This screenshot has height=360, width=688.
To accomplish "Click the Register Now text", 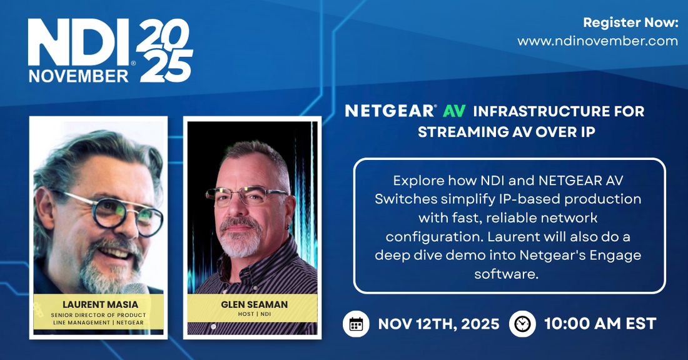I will (x=630, y=23).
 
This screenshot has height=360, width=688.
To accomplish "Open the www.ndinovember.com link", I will (x=597, y=41).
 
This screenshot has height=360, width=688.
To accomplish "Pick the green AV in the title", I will (x=455, y=111).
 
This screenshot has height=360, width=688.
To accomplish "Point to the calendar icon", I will (x=356, y=324).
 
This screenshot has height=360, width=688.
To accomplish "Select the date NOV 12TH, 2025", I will (x=439, y=324).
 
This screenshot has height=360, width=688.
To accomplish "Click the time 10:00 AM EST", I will (x=600, y=324).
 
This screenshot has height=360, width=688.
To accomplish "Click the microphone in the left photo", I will (x=134, y=289).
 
